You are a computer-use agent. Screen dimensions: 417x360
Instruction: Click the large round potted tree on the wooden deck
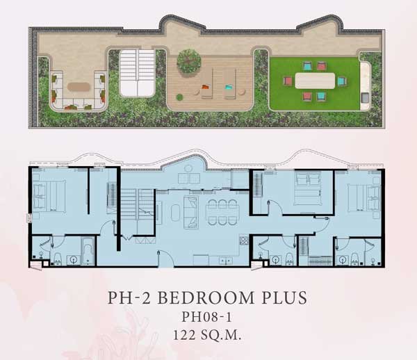point(189,61)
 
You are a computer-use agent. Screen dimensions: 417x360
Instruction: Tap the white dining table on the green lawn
point(315,81)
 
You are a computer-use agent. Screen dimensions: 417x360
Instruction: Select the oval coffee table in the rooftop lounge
point(79,87)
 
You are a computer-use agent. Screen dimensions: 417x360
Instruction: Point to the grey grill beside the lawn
point(365,97)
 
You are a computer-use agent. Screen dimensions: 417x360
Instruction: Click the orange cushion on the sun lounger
point(206,87)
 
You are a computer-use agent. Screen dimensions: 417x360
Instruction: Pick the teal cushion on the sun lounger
point(229,87)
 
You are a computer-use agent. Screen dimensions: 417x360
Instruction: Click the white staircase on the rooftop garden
point(137,73)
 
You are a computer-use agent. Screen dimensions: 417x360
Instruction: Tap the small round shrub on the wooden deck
point(180,97)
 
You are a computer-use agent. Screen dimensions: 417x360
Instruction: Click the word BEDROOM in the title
point(206,297)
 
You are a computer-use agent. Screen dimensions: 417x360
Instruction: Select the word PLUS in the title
point(284,297)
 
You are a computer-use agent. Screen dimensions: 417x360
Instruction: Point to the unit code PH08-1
point(206,317)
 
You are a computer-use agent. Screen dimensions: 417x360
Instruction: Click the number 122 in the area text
point(184,335)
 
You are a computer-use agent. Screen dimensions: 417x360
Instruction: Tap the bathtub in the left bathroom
point(88,251)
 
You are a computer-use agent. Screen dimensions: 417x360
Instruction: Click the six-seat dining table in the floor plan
point(222,212)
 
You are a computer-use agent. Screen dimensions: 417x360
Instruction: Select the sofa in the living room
point(191,212)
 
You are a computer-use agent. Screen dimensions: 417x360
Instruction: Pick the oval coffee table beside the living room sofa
point(176,212)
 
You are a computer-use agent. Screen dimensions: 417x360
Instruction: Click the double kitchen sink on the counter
point(225,261)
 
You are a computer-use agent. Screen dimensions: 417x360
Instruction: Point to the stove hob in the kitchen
point(243,240)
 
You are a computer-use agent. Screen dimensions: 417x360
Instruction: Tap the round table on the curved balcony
point(188,168)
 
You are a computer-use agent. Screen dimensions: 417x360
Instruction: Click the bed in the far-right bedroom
point(363,198)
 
